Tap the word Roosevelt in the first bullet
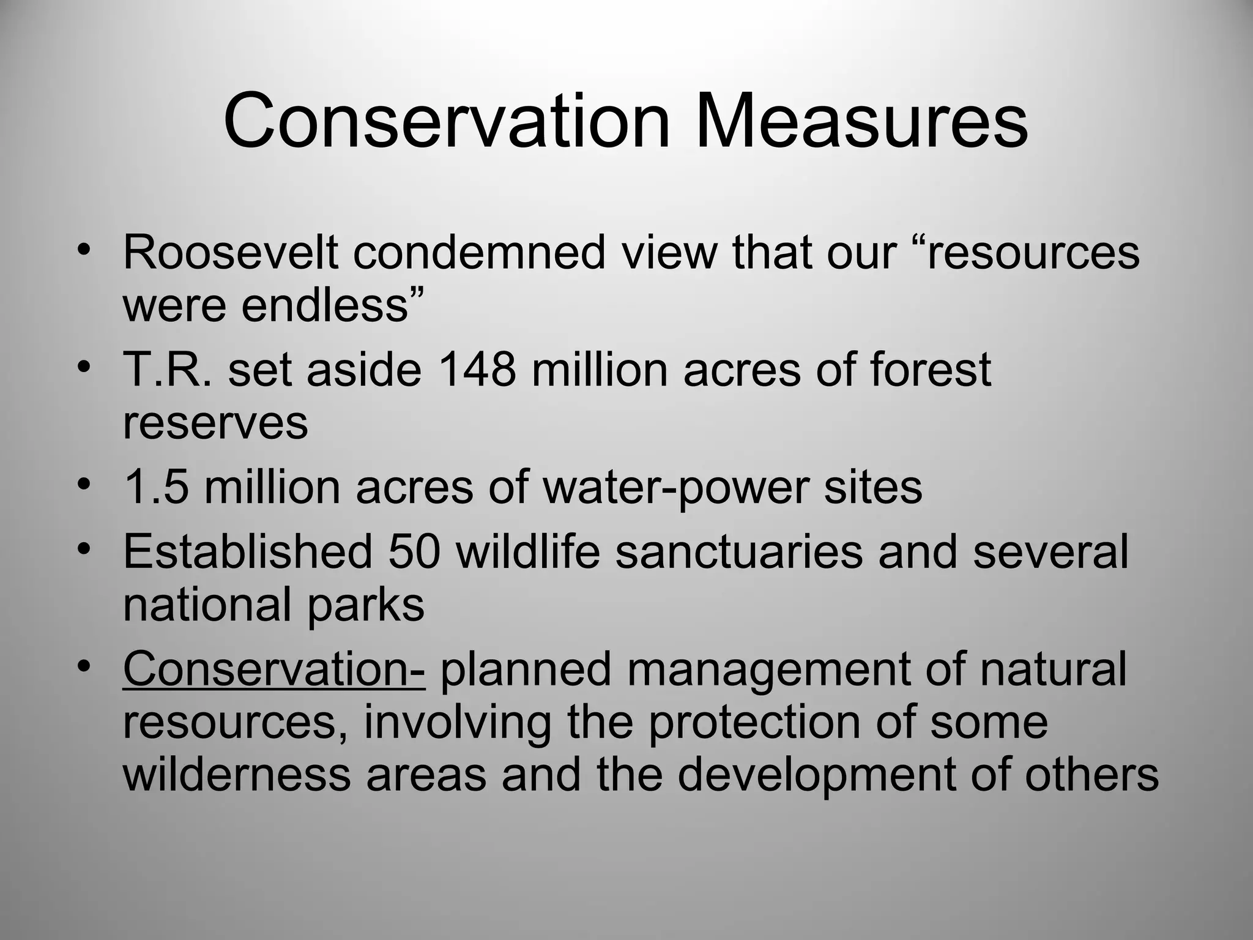[231, 252]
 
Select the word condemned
[478, 252]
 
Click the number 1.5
[155, 487]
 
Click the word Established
[248, 551]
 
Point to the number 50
[414, 551]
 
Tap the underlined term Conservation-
[273, 669]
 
